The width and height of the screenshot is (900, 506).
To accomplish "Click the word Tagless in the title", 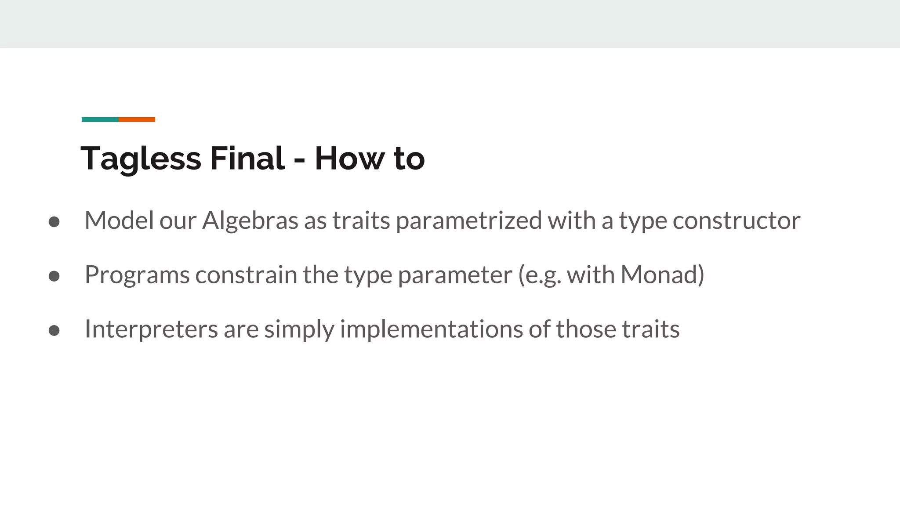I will (x=141, y=159).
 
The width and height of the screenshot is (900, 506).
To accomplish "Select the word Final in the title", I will (x=247, y=158).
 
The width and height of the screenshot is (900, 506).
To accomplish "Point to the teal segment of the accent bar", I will (x=100, y=119).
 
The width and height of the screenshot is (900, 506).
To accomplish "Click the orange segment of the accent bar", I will (x=137, y=119).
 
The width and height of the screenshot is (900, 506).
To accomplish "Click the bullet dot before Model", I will (x=54, y=222).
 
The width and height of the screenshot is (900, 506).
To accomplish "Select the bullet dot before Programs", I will (x=54, y=276).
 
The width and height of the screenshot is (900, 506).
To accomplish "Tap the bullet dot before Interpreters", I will (x=54, y=330).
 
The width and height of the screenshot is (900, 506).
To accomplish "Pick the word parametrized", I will (x=468, y=220).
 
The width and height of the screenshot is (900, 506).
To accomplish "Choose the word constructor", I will (x=736, y=220).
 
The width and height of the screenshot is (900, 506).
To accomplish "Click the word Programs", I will (x=137, y=275).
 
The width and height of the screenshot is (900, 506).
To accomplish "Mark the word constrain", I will (x=246, y=275).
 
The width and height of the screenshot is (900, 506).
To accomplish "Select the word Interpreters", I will (x=151, y=329).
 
